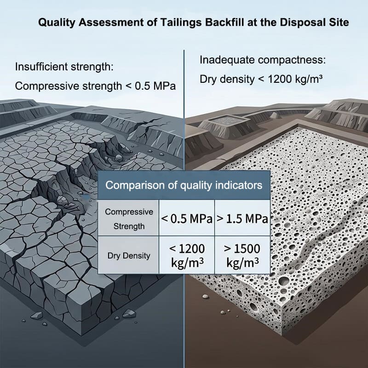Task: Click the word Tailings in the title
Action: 180,23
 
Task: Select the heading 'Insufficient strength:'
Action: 64,67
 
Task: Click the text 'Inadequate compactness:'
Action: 263,60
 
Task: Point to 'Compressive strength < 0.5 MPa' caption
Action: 95,86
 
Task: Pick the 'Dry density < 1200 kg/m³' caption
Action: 261,79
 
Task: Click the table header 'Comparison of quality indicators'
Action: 184,185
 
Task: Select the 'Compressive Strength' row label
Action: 129,219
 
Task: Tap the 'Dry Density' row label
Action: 129,255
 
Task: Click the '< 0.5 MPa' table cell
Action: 187,219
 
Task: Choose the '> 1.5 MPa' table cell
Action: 242,219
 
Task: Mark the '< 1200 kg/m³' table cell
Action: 187,255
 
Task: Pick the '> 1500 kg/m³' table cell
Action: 242,255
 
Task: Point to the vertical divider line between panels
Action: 184,209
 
